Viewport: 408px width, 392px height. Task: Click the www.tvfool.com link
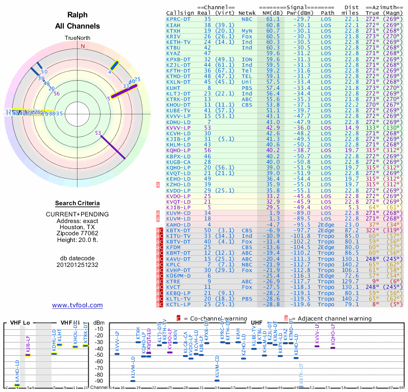[x=78, y=305]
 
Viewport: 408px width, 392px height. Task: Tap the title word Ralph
[x=78, y=15]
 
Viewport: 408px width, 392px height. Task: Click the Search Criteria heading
[x=78, y=203]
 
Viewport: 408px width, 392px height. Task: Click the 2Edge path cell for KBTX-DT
[x=328, y=230]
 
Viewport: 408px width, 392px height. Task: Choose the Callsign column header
[x=181, y=13]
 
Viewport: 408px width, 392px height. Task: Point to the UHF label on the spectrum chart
[x=257, y=323]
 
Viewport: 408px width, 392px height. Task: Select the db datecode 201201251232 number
[x=78, y=265]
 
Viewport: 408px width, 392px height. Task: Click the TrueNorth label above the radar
[x=78, y=38]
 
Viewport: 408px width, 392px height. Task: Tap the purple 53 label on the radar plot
[x=98, y=133]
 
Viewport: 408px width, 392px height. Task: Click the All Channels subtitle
[x=78, y=26]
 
